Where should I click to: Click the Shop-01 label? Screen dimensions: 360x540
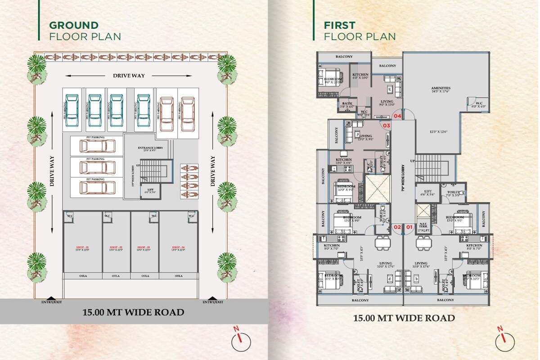pos(82,248)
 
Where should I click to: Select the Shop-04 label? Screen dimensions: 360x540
pos(179,248)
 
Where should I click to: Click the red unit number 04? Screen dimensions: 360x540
pos(397,116)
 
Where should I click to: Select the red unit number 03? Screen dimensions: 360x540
pos(386,126)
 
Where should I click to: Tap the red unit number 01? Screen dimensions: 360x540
pos(409,227)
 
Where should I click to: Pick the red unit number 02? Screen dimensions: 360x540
pos(397,227)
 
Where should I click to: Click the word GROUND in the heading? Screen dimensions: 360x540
pos(73,26)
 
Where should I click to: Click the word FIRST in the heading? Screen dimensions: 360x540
pos(339,26)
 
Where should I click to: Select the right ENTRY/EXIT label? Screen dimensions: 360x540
pos(212,302)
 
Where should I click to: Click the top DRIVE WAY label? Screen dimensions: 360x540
pos(129,76)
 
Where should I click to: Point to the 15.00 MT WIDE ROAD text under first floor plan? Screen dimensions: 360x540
pos(404,318)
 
